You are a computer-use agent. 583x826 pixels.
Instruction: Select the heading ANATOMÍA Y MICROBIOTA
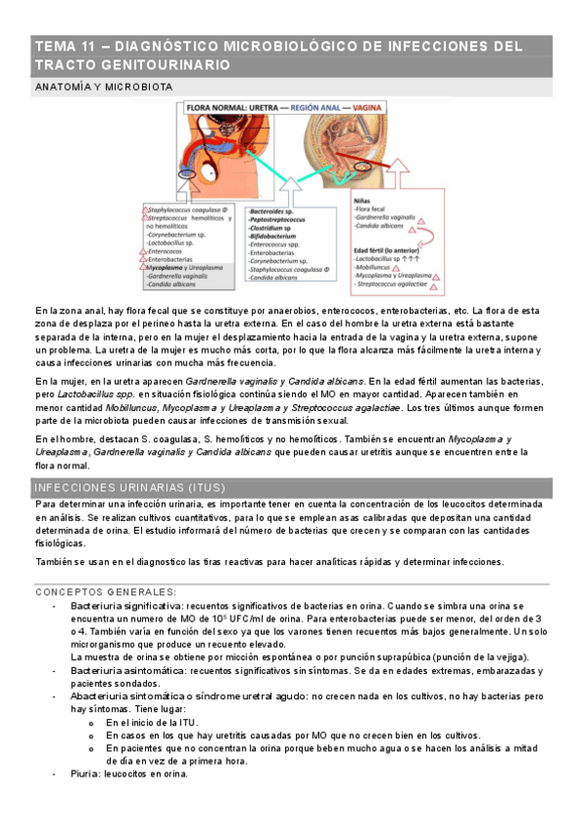(103, 87)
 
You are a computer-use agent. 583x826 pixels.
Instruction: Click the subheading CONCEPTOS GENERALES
(105, 591)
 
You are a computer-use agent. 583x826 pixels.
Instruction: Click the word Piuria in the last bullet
(87, 774)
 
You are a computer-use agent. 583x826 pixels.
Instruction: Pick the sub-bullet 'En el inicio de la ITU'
(151, 723)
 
